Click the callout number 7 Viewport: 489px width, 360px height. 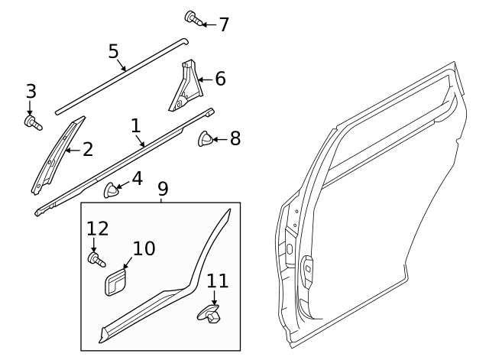pos(223,24)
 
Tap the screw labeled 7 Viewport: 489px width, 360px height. pos(192,18)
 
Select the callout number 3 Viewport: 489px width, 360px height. pos(31,92)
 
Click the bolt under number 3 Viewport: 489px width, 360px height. pos(31,121)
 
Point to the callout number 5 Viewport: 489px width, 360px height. pos(113,51)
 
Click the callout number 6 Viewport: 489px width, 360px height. pos(219,78)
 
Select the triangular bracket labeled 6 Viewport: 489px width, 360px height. pos(183,87)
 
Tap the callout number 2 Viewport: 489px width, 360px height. pos(87,149)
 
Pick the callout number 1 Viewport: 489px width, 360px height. pos(136,125)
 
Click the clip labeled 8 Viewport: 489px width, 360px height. pos(206,138)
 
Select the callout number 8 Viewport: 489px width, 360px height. pos(235,138)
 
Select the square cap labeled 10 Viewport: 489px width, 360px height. pos(117,282)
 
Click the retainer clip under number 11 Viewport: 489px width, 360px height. pos(212,313)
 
